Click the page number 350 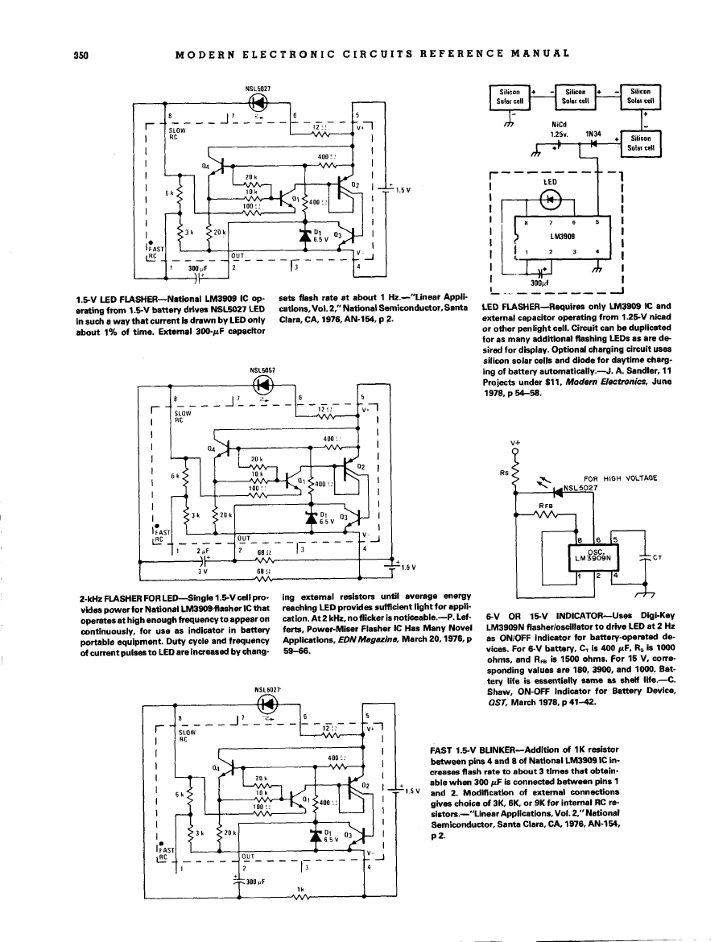[x=79, y=55]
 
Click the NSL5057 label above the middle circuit [x=262, y=370]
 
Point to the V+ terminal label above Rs [x=515, y=443]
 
